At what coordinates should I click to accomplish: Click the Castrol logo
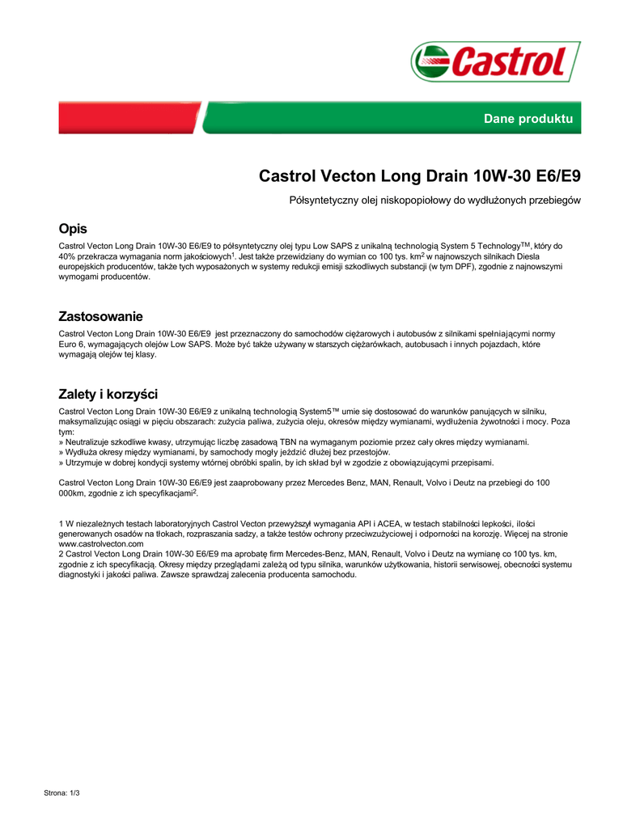coord(495,61)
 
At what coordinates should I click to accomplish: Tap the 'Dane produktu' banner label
coord(528,119)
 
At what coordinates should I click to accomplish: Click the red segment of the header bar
coord(129,118)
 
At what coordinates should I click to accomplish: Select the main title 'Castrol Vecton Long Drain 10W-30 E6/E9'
coord(419,175)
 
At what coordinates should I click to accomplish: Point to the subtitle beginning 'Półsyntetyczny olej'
coord(434,200)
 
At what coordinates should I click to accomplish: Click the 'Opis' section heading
coord(73,229)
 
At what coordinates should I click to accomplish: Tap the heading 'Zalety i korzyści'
coord(108,394)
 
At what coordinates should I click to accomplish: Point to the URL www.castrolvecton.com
coord(100,544)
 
